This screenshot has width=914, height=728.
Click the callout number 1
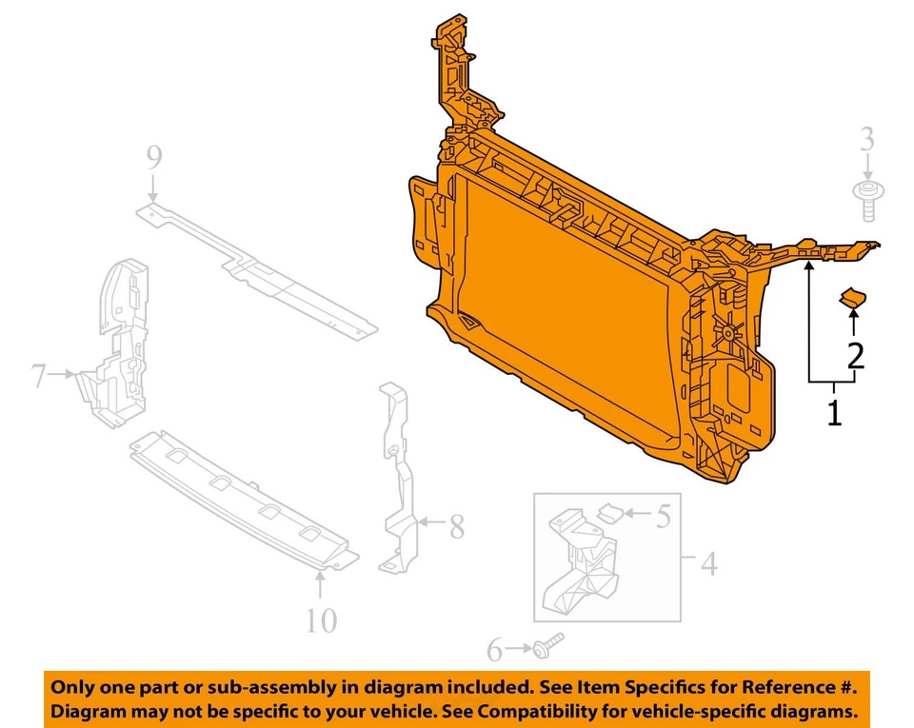[834, 414]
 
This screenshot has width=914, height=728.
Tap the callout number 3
[866, 141]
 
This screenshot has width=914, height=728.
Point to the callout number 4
[707, 565]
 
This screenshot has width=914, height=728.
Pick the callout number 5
[663, 517]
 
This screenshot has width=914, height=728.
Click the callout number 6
[494, 650]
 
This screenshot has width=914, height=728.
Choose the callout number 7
[38, 377]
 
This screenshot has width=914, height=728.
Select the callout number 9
[154, 157]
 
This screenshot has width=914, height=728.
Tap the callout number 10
[321, 620]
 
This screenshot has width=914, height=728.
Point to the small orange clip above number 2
[852, 300]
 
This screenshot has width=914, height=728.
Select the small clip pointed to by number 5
[608, 514]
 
